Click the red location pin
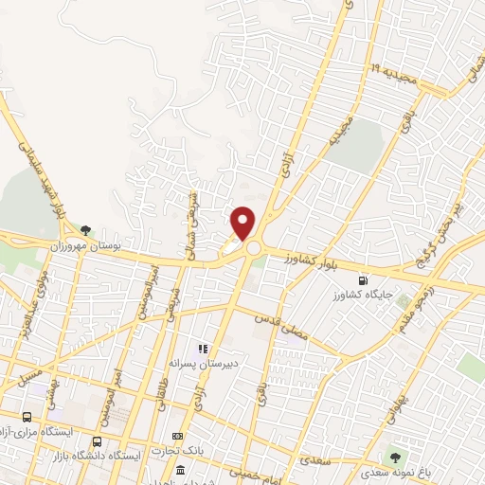click(x=243, y=223)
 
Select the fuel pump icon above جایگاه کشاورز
click(x=365, y=281)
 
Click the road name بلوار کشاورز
click(x=305, y=258)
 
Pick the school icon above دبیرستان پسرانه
click(x=203, y=350)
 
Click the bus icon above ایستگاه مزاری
click(x=26, y=417)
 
